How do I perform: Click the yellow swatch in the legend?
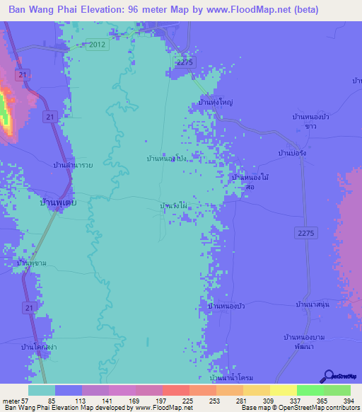[x=283, y=390]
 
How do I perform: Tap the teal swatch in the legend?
[x=42, y=390]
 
